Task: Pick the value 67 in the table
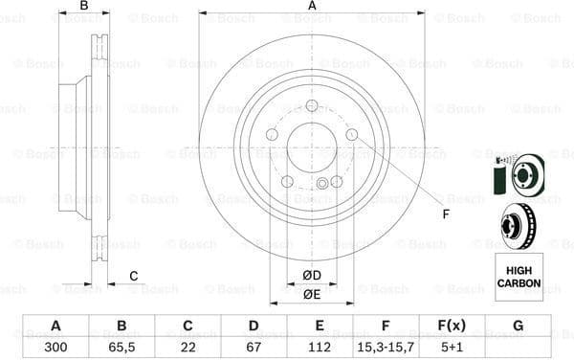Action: click(x=254, y=346)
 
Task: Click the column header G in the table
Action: click(x=518, y=326)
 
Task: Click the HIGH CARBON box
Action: click(x=518, y=271)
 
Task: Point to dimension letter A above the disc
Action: click(x=312, y=7)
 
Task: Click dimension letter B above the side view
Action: click(x=84, y=7)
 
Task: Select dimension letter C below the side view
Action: click(x=133, y=277)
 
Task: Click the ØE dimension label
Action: click(x=312, y=294)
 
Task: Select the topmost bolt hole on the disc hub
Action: click(x=312, y=106)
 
